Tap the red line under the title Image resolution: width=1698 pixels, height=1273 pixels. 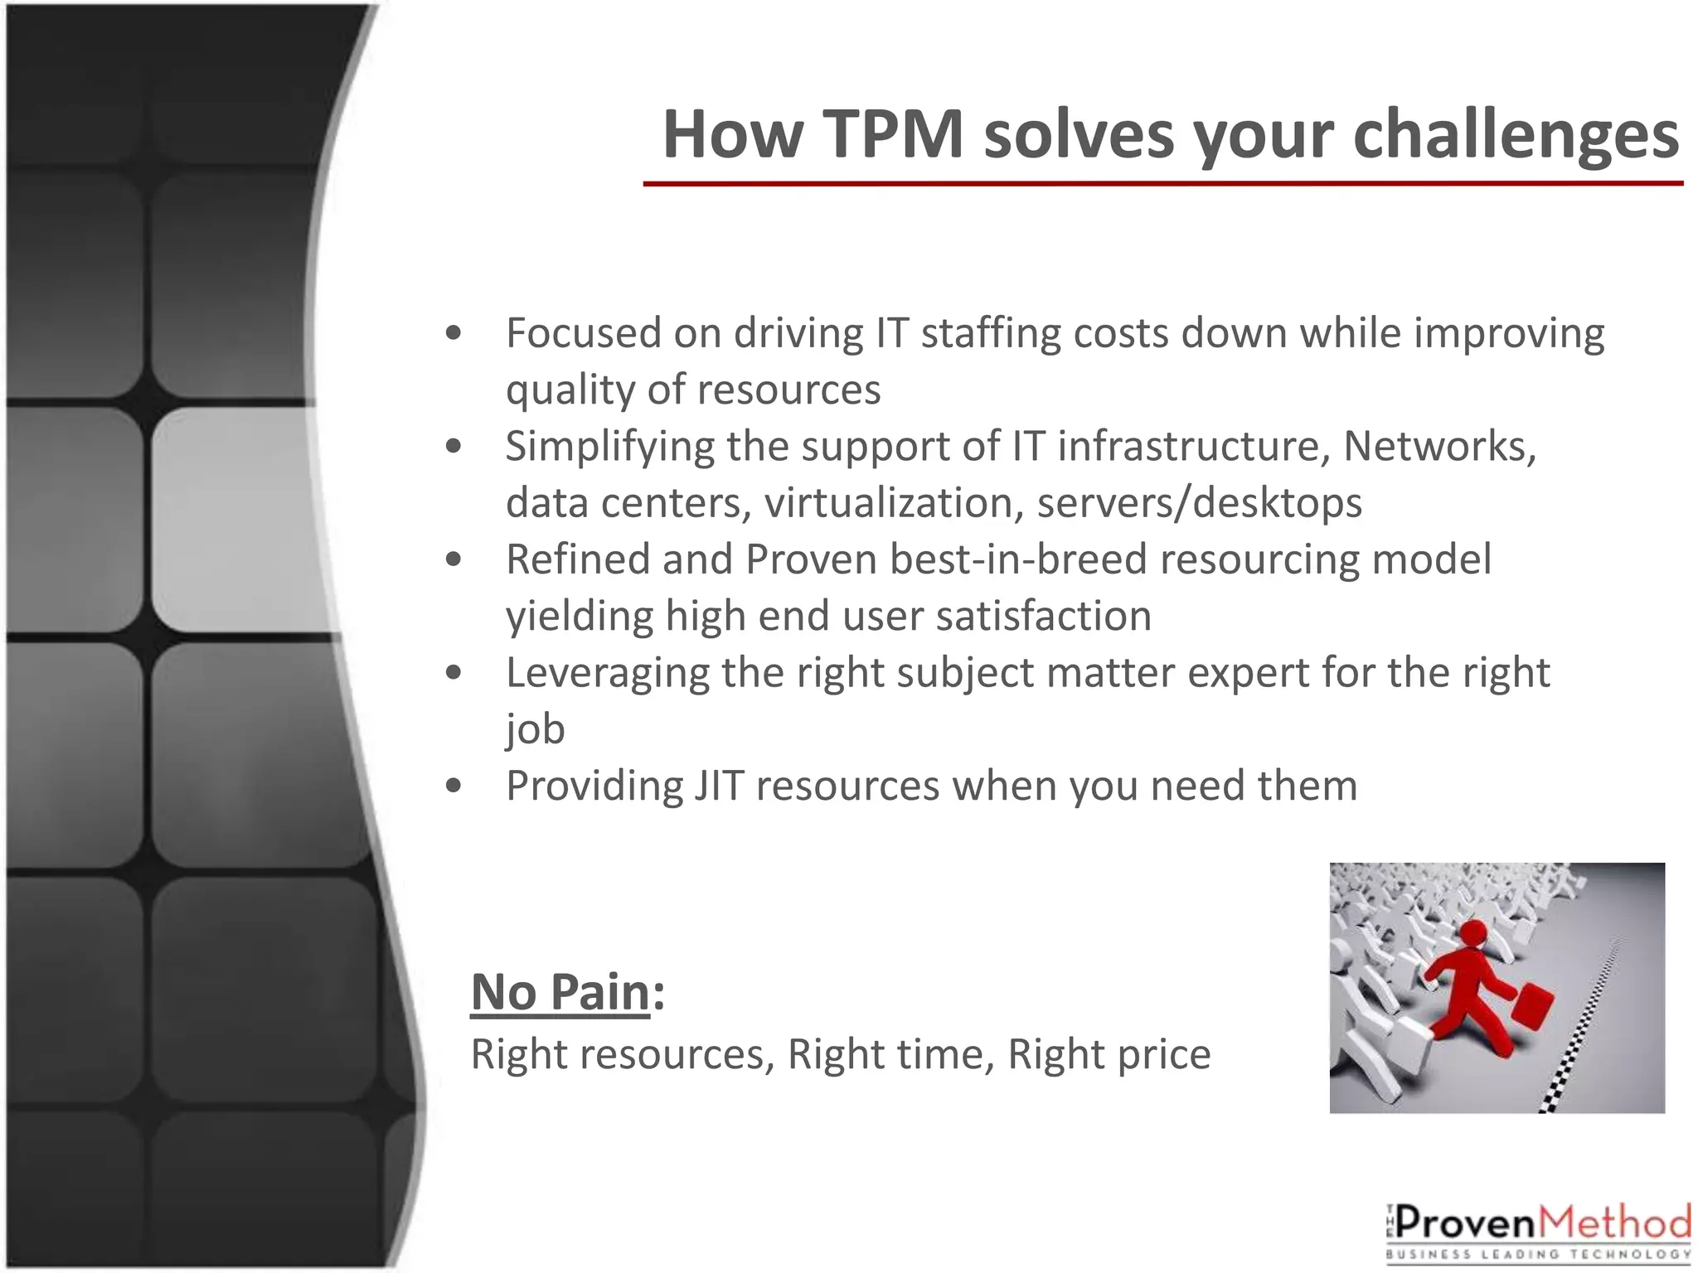coord(1161,183)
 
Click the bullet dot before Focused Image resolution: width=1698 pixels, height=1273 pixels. coord(453,333)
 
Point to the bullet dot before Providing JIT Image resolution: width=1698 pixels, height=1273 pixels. coord(453,785)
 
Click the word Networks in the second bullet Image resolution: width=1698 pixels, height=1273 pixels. coord(1438,446)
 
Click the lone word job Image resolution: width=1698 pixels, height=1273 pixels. coord(535,729)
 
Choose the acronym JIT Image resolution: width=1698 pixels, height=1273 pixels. coord(718,786)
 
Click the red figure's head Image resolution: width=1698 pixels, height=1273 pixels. coord(1473,933)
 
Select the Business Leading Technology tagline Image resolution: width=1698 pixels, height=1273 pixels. coord(1538,1254)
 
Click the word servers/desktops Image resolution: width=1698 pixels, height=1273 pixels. coord(1199,502)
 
